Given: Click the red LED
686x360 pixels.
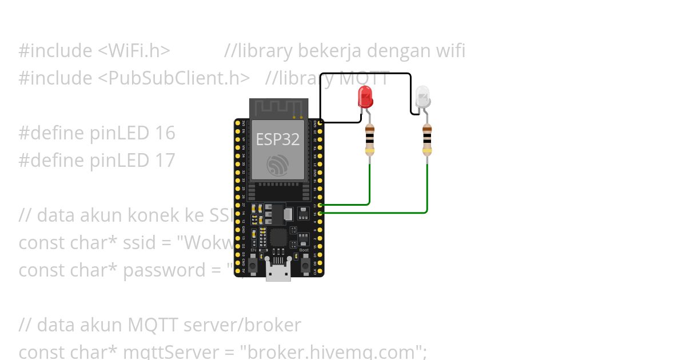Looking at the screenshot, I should (x=365, y=97).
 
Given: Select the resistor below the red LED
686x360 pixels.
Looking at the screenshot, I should (x=370, y=140).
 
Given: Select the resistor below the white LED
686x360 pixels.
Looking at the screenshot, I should (x=427, y=140).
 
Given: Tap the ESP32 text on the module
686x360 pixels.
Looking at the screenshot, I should (x=277, y=139).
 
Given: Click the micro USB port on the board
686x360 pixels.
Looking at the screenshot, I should (x=278, y=274).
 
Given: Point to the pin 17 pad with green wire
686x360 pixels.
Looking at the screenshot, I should (x=320, y=204).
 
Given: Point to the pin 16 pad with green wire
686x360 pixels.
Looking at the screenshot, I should (x=320, y=213).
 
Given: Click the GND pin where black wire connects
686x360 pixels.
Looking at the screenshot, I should (x=320, y=122).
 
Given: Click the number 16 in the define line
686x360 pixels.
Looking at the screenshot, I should (x=165, y=133).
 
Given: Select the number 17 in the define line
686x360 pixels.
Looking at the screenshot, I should (x=165, y=160).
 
